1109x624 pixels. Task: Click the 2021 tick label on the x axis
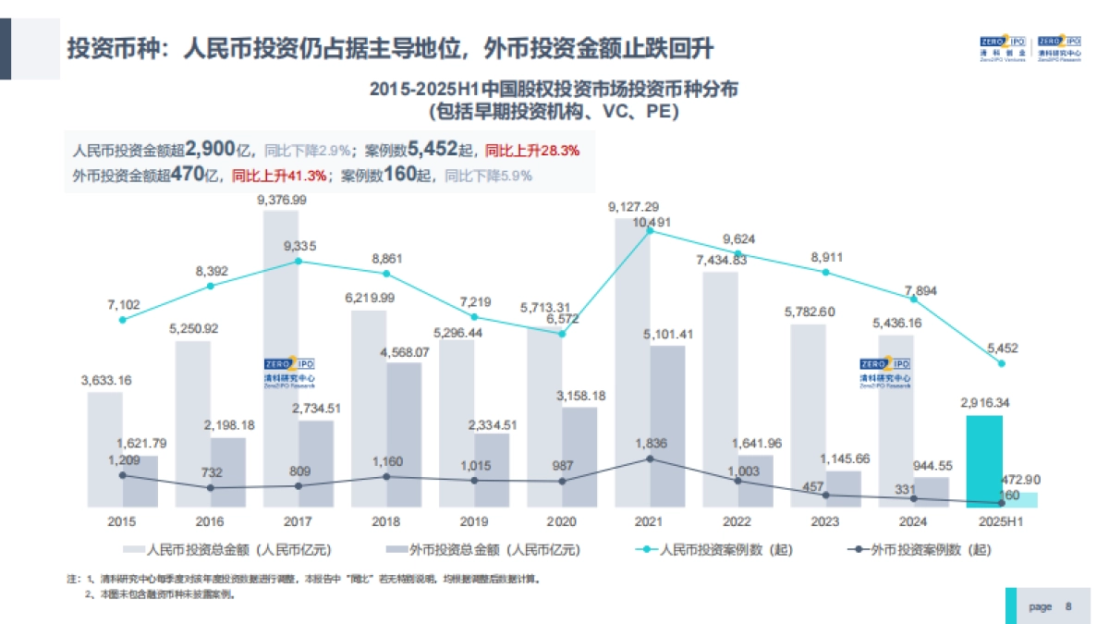pyautogui.click(x=650, y=522)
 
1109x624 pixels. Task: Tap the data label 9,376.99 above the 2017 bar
pyautogui.click(x=283, y=200)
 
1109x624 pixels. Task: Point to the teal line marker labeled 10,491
pyautogui.click(x=650, y=231)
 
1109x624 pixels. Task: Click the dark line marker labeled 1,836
pyautogui.click(x=650, y=459)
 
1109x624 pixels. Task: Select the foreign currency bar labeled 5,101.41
pyautogui.click(x=667, y=425)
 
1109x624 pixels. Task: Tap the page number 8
pyautogui.click(x=1068, y=606)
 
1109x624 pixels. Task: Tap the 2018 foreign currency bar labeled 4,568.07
pyautogui.click(x=404, y=434)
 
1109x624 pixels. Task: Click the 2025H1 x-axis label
pyautogui.click(x=1002, y=522)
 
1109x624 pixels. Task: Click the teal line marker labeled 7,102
pyautogui.click(x=123, y=320)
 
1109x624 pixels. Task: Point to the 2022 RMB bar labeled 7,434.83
pyautogui.click(x=720, y=388)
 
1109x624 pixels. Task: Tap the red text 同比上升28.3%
pyautogui.click(x=532, y=151)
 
